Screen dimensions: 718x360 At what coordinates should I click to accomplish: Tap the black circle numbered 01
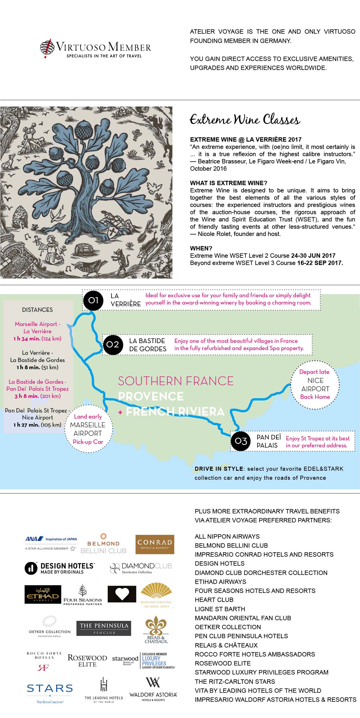click(93, 300)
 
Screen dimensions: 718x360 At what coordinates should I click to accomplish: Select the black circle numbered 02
click(113, 344)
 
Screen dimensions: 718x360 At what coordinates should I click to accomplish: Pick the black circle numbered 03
click(241, 441)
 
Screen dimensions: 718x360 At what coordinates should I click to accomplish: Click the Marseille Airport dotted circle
click(88, 429)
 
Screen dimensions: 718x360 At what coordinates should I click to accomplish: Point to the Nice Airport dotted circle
click(315, 384)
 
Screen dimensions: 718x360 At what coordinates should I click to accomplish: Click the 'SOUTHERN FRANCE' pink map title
click(176, 381)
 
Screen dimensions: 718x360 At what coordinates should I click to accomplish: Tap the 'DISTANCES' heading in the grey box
click(37, 310)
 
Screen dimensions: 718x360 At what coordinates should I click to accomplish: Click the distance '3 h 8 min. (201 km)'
click(37, 396)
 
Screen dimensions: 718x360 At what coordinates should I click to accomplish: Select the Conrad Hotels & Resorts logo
click(155, 544)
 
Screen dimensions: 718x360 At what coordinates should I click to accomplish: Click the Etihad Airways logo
click(43, 594)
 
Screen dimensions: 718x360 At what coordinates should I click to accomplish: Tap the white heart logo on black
click(122, 594)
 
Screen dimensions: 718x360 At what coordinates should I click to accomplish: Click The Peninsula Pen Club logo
click(104, 628)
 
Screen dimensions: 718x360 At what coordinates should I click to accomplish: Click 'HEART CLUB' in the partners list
click(214, 600)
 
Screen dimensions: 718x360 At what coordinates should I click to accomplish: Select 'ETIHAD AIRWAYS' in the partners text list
click(220, 582)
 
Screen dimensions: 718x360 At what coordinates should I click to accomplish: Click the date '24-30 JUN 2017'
click(313, 256)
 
